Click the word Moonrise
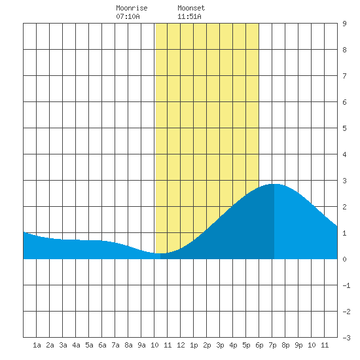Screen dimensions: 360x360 coord(132,8)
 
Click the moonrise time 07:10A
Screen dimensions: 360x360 coord(128,16)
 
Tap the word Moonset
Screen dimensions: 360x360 coord(191,8)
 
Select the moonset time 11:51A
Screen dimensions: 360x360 coord(189,16)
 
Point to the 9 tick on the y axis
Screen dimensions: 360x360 coord(344,24)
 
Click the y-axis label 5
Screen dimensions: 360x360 coord(344,128)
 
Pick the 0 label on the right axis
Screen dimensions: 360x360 coord(344,259)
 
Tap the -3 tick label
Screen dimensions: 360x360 coord(346,338)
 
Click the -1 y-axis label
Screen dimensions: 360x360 coord(346,285)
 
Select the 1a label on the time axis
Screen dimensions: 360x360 coord(37,345)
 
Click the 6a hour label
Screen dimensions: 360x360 coord(102,345)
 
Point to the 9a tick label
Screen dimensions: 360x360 coord(141,345)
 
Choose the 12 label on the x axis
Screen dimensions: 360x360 coord(181,345)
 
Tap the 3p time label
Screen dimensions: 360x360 coord(220,345)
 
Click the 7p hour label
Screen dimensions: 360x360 coord(272,345)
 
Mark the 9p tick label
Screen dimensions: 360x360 coord(298,345)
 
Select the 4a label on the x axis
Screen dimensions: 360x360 coord(76,345)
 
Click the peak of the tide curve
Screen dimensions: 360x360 coord(275,184)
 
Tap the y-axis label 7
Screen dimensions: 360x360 coord(344,76)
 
